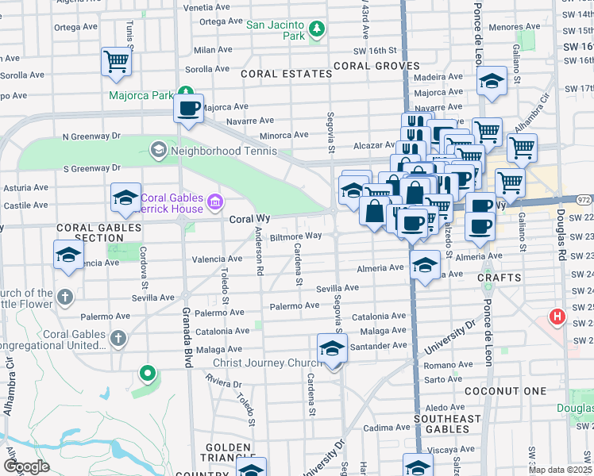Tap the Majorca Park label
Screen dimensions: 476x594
click(141, 95)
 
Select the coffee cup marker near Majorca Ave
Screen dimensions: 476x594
click(189, 108)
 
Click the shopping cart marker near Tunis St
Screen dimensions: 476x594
click(116, 60)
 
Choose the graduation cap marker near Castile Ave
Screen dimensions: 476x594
click(125, 198)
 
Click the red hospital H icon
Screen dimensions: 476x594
click(557, 318)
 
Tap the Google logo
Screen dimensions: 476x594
click(26, 466)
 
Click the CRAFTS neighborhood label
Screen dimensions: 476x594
click(500, 278)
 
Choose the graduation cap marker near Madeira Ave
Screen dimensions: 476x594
click(492, 81)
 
